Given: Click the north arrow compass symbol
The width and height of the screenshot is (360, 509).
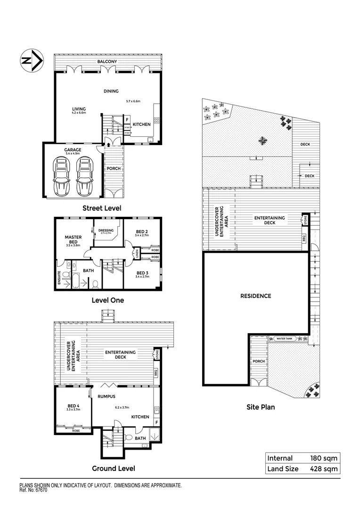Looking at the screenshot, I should click(31, 61).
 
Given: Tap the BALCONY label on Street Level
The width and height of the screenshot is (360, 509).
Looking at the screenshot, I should click(107, 62).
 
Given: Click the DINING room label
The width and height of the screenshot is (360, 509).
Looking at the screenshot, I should click(111, 91).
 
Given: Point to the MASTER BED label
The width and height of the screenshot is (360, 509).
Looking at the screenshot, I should click(74, 239).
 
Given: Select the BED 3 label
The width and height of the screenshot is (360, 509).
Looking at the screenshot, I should click(142, 273).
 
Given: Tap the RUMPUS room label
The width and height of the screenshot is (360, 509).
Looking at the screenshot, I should click(106, 396).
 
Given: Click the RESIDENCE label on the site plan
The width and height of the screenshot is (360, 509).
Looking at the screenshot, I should click(256, 296).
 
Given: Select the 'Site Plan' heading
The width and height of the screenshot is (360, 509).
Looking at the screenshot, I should click(261, 407).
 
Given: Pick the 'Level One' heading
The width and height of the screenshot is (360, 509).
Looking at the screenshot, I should click(107, 300).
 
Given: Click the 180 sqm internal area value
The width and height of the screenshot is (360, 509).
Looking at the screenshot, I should click(323, 458).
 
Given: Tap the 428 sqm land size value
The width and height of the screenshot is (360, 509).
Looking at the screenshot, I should click(323, 468).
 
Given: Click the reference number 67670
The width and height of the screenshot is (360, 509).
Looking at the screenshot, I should click(40, 490).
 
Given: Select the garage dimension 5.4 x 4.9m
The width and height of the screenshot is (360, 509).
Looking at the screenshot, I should click(73, 154).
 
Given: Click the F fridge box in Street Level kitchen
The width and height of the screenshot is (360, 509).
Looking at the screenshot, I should click(127, 120).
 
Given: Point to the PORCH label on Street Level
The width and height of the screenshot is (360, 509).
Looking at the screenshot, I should click(114, 168).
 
